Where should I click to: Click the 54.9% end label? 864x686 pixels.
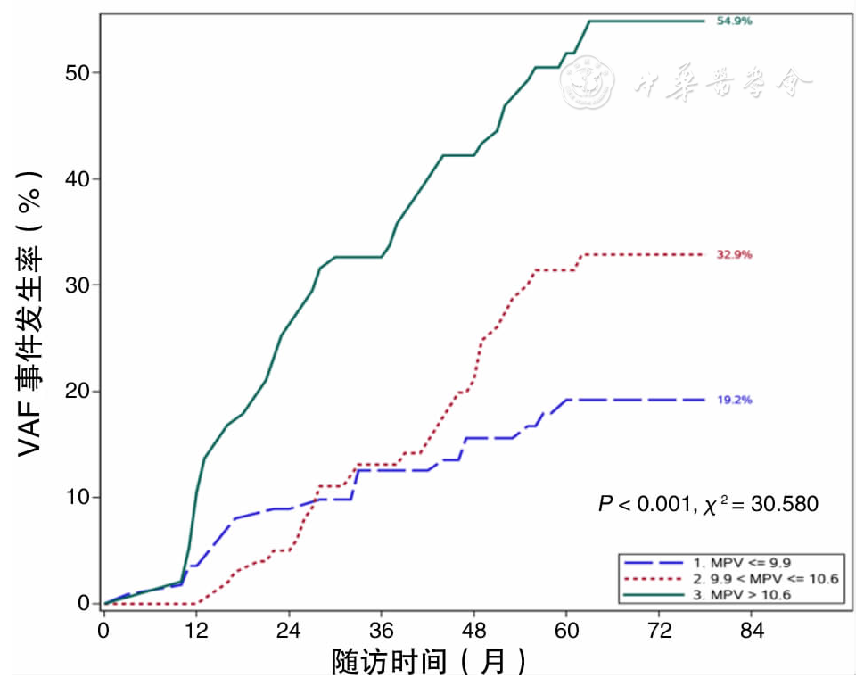[x=734, y=21]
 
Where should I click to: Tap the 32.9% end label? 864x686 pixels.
[x=734, y=255]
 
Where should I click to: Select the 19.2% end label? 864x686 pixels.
[x=734, y=401]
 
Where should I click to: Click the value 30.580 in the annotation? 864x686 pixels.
[x=785, y=505]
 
